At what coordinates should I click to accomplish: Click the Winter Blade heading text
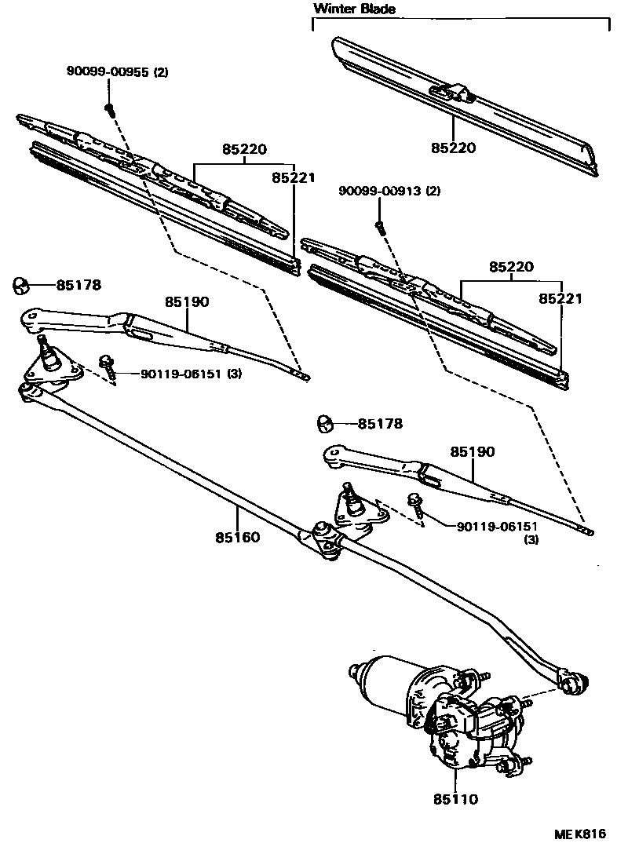click(355, 9)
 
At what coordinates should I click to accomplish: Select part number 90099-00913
click(380, 192)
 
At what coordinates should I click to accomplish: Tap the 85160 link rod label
click(237, 538)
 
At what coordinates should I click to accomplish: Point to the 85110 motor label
click(455, 800)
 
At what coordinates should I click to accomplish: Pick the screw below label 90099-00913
click(380, 226)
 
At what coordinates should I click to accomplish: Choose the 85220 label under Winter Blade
click(454, 148)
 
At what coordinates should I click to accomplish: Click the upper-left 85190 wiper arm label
click(187, 301)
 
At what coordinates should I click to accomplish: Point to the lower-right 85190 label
click(473, 452)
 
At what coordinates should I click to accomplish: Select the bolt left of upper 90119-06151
click(108, 365)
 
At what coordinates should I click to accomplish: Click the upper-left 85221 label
click(293, 178)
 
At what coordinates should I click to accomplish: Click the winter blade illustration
click(463, 102)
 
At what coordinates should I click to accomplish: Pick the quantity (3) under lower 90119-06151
click(531, 540)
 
